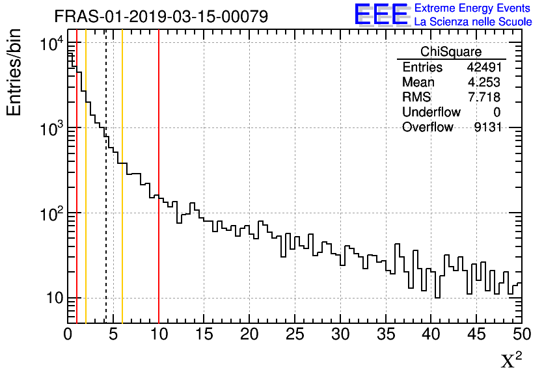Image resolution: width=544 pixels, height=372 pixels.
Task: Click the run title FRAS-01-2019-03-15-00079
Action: point(161,16)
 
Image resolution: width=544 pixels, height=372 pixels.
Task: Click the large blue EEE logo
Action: point(381,14)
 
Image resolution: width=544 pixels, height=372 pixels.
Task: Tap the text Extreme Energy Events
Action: point(473,8)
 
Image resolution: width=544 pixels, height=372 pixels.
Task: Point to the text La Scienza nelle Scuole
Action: point(473,22)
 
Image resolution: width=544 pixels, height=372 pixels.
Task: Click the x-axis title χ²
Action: point(511,360)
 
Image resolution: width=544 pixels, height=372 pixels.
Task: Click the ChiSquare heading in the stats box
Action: point(451,52)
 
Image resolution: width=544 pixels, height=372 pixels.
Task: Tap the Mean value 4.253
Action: point(484,82)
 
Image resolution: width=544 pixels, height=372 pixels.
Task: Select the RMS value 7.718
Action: point(484,97)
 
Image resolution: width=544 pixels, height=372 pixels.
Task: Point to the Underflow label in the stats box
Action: point(431,112)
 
